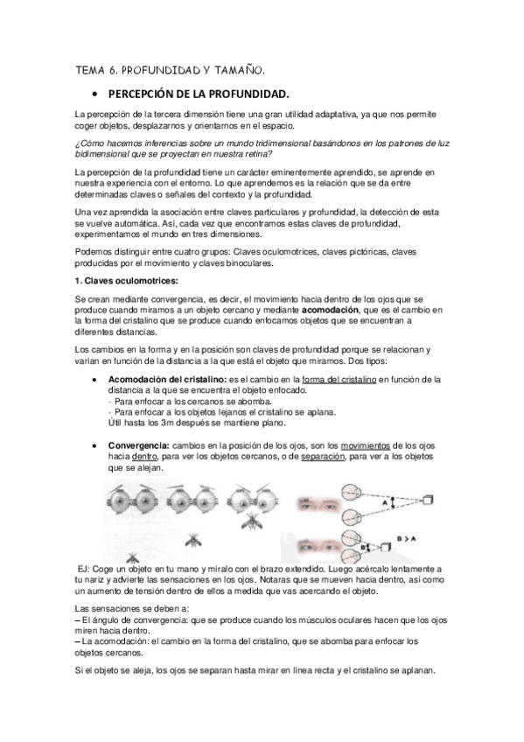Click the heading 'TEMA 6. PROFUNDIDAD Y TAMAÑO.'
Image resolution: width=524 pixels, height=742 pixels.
[x=170, y=68]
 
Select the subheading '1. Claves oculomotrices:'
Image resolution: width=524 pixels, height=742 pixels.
[x=126, y=280]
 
